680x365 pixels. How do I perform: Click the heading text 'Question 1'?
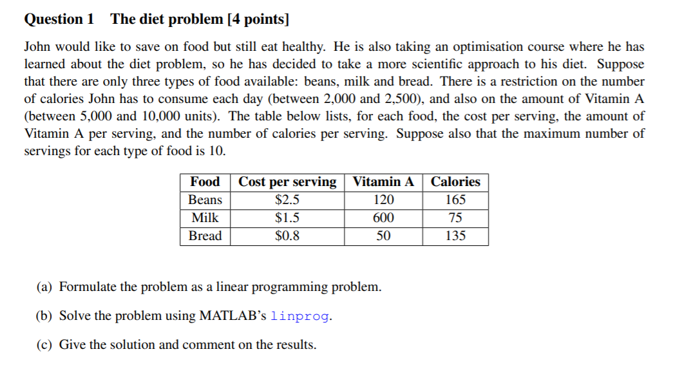point(59,19)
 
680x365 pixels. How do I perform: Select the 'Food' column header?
point(205,182)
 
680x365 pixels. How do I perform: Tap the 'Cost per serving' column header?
point(287,182)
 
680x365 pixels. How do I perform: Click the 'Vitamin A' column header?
point(383,182)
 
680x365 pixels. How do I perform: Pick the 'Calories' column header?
point(455,182)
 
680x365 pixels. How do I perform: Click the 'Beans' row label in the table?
point(205,200)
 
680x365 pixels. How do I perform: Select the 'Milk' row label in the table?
point(205,218)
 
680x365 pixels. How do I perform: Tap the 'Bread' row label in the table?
point(205,236)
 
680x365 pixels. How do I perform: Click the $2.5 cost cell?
point(287,200)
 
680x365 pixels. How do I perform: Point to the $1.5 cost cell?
point(287,218)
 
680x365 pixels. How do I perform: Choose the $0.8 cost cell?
point(287,236)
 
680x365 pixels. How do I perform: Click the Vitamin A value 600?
point(383,218)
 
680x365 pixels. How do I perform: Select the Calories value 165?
point(455,200)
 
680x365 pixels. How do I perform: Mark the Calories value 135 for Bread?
point(455,236)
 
